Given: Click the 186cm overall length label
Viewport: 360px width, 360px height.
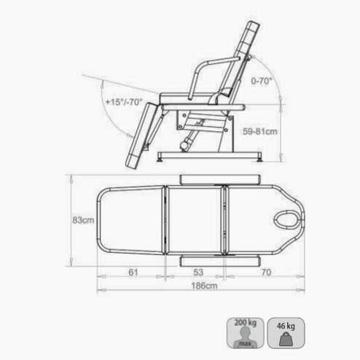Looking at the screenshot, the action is point(204,286).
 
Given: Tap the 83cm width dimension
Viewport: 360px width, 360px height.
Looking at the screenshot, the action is point(83,220).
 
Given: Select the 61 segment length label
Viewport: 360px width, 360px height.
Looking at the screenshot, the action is point(133,273).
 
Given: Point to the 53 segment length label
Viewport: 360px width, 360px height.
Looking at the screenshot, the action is point(198,273).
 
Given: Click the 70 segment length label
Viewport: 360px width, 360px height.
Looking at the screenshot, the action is point(266,273).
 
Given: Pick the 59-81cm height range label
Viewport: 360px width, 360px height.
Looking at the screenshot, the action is point(260,131).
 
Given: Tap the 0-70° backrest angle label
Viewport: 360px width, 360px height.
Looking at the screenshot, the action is point(262,81).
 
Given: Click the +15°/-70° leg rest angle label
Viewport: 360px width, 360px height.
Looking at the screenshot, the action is point(124,102).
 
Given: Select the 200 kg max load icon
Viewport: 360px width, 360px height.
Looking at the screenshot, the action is point(246,333).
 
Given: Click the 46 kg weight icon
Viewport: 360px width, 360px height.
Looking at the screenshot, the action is point(286,333).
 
